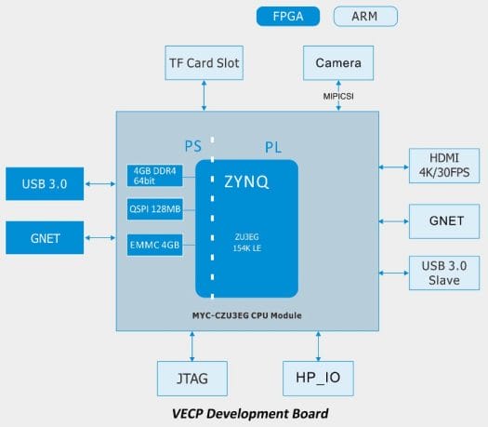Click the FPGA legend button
[x=288, y=16]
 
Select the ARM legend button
[x=365, y=16]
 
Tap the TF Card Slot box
[x=204, y=63]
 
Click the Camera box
[x=338, y=63]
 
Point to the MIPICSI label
[x=338, y=96]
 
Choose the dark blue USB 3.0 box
[x=45, y=184]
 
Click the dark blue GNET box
[x=45, y=237]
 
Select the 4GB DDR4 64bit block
[x=154, y=176]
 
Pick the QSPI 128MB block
[x=154, y=209]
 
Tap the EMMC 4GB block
[x=154, y=245]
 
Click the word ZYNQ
[x=246, y=181]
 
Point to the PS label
[x=193, y=146]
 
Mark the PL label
[x=273, y=147]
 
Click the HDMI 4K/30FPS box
[x=444, y=166]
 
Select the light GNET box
[x=444, y=221]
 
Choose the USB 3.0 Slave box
[x=444, y=274]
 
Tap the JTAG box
[x=192, y=379]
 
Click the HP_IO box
[x=318, y=379]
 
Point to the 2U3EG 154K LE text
[x=247, y=243]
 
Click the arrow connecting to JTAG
[x=192, y=346]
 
